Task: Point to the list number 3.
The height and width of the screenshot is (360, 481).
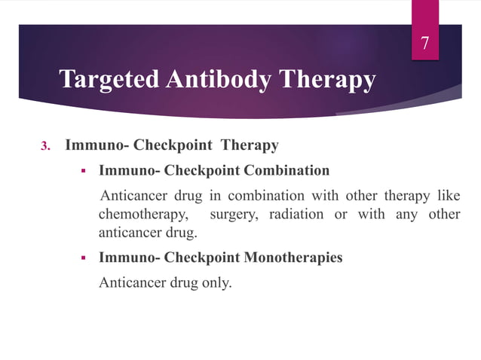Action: coord(44,146)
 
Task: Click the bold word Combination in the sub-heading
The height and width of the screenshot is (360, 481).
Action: coord(287,170)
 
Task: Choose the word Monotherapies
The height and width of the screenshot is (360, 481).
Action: coord(293,258)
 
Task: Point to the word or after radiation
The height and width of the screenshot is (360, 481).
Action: coord(342,215)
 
